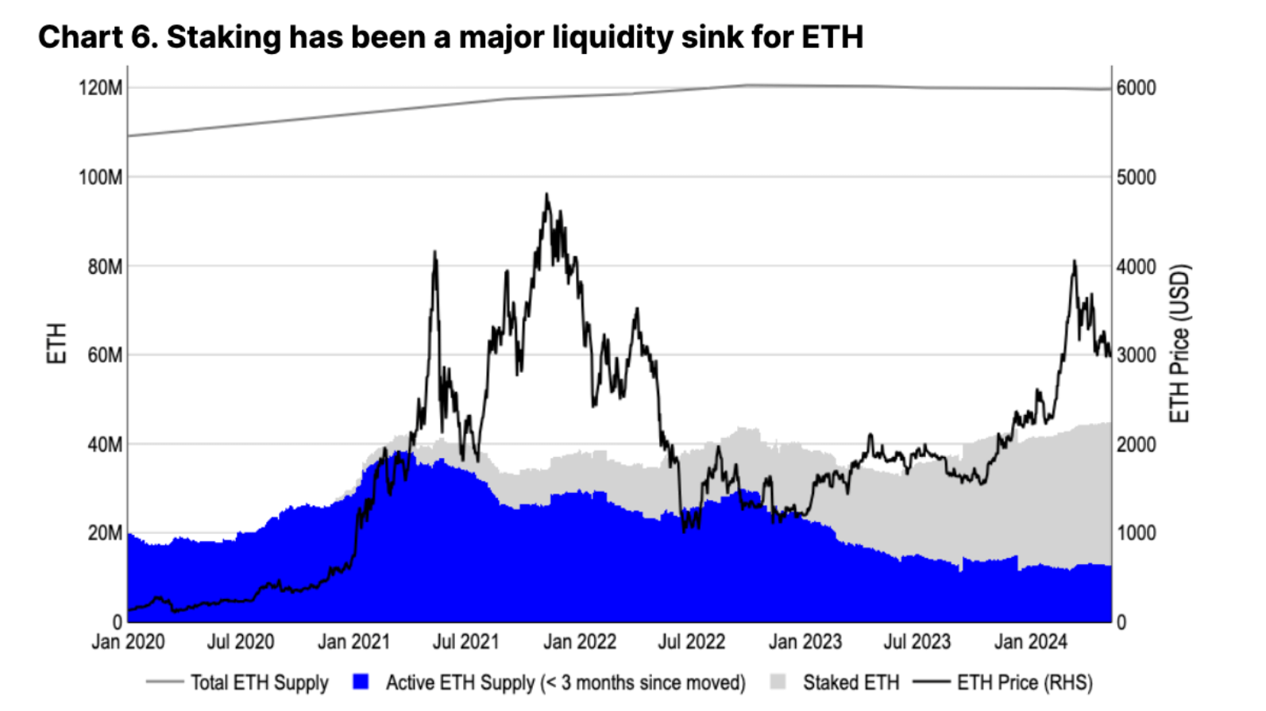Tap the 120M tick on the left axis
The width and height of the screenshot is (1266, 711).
point(101,87)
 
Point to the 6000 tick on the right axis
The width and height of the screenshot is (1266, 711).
point(1136,87)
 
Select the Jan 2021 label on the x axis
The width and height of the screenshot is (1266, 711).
point(353,641)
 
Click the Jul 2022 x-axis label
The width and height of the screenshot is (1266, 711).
point(691,641)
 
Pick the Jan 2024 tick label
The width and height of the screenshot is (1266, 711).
point(1030,641)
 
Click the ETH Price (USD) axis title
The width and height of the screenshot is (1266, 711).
point(1179,344)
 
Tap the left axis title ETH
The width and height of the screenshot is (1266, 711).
point(56,344)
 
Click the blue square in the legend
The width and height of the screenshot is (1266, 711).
point(361,682)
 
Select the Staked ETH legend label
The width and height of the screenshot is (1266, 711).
point(851,682)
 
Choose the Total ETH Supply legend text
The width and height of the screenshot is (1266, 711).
point(259,682)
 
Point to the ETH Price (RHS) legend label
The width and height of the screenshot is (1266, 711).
point(1025,682)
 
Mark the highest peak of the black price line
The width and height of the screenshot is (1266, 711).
point(546,194)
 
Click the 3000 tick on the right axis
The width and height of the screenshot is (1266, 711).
point(1136,355)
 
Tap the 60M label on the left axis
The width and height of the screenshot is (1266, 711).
point(105,355)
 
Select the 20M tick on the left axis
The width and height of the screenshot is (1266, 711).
point(105,532)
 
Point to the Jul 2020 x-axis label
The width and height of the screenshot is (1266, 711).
point(240,641)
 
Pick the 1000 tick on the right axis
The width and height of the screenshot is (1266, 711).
point(1136,532)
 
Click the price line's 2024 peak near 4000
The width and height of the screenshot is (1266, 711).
point(1074,261)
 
